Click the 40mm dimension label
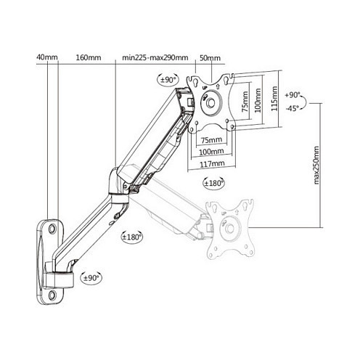pos(47,57)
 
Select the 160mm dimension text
pos(89,58)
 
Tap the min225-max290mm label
pos(155,58)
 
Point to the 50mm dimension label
pos(210,58)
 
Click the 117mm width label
pos(212,164)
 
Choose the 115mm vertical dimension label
pos(274,99)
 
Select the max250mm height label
pos(316,165)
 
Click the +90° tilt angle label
pos(292,95)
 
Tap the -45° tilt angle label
pos(292,109)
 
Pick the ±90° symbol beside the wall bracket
pos(91,278)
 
